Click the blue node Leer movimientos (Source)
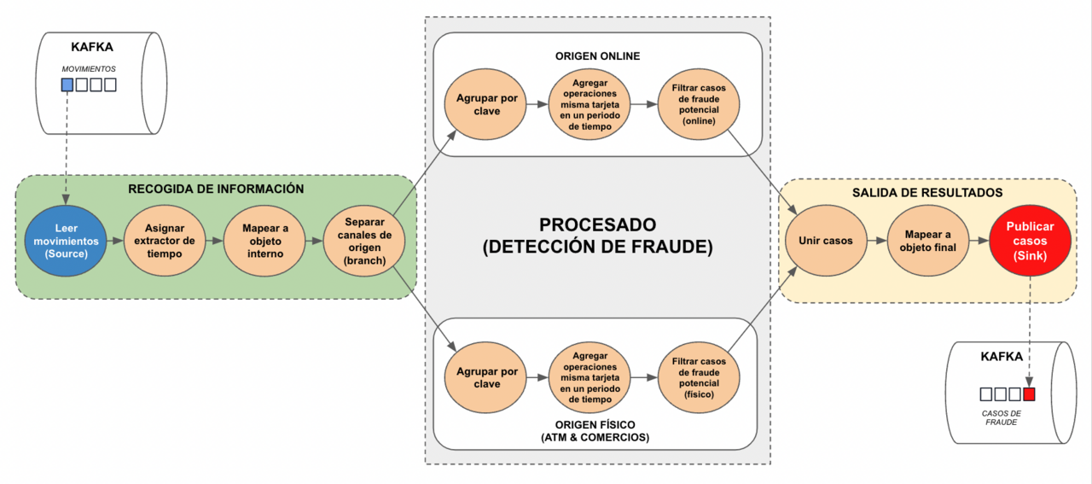[x=66, y=241]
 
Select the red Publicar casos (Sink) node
[x=1030, y=241]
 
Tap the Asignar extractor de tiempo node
[x=165, y=241]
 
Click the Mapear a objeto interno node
[x=264, y=241]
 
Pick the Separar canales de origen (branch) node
[x=363, y=241]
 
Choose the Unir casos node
[x=825, y=241]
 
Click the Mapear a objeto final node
[x=927, y=241]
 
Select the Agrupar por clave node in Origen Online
[x=487, y=105]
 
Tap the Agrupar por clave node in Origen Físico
[x=487, y=377]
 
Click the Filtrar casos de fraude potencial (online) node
[x=698, y=105]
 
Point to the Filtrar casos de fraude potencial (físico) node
[x=698, y=377]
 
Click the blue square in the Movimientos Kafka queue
[x=67, y=85]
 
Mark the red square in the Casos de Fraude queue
[x=1029, y=394]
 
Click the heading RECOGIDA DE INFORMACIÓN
[x=216, y=189]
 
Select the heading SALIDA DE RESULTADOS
[x=927, y=193]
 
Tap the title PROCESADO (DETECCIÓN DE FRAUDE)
[x=597, y=236]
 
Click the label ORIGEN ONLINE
[x=597, y=56]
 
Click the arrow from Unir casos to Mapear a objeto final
[x=876, y=241]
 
